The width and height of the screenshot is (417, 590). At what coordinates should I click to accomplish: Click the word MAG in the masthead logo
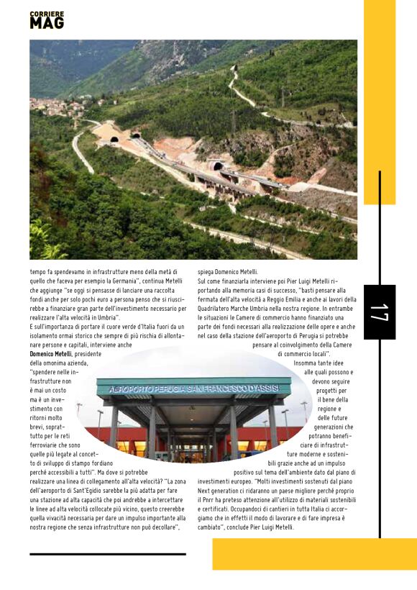[47, 23]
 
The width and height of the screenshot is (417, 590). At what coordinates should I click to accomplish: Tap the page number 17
[379, 312]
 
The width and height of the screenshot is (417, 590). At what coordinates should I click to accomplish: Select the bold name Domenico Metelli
[51, 354]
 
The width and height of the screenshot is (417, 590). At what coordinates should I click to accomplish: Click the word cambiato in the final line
[211, 527]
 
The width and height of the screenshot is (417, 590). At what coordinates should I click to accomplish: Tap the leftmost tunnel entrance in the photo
[114, 140]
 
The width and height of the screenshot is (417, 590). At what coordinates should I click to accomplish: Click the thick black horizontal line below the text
[108, 554]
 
